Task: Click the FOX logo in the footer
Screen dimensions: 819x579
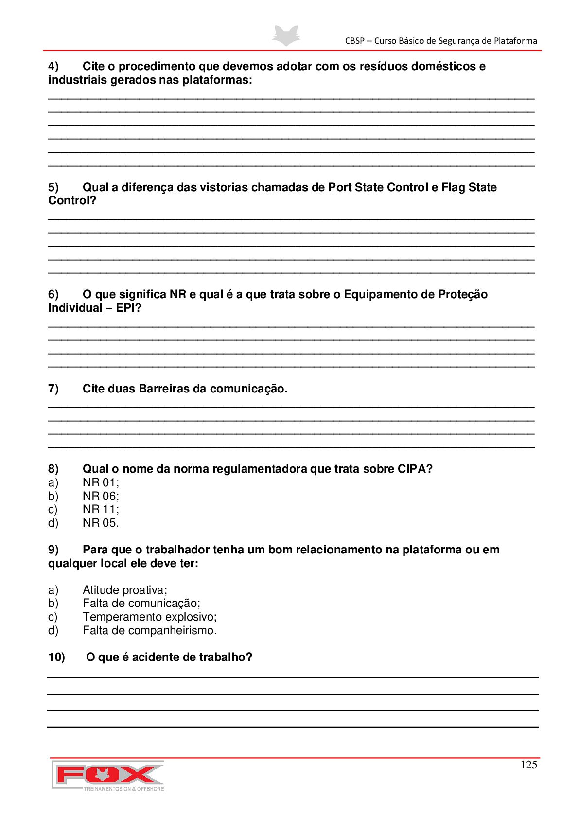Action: (x=108, y=775)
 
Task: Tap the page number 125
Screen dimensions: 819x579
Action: (x=528, y=765)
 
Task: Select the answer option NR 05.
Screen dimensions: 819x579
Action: (x=100, y=523)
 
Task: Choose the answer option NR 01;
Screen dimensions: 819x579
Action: (x=101, y=483)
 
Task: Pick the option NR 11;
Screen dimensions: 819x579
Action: (x=101, y=510)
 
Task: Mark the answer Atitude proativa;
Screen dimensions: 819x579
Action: (x=124, y=590)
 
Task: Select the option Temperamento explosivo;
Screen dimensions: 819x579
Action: (x=149, y=617)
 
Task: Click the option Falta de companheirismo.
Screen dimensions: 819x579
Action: (x=149, y=631)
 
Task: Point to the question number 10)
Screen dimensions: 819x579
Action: (x=56, y=658)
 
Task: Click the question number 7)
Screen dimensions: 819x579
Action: (x=53, y=389)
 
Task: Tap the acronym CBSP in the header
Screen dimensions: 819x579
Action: (x=354, y=41)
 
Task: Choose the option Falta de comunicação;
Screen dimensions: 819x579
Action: (x=141, y=604)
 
